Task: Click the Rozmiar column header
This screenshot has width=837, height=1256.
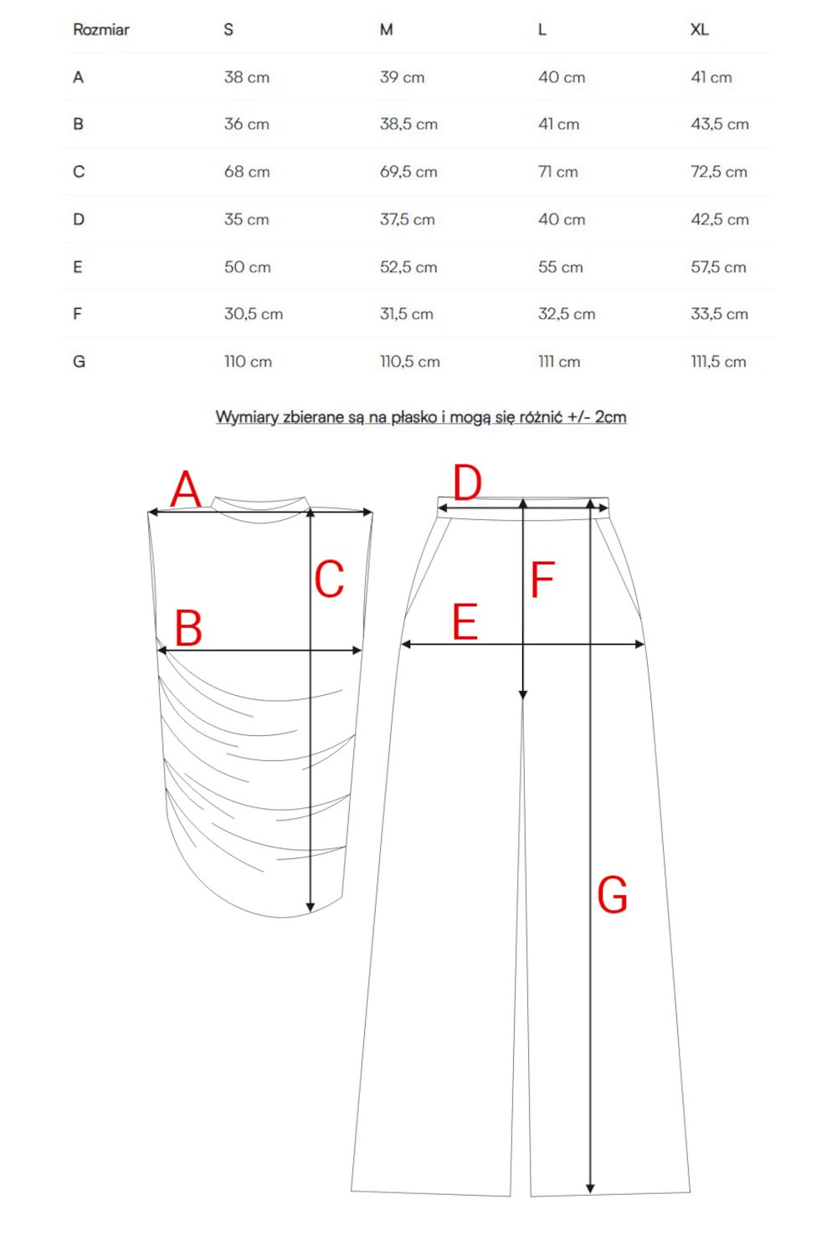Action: [101, 30]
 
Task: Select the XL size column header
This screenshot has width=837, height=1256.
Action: [700, 30]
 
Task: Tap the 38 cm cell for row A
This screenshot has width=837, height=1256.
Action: [247, 77]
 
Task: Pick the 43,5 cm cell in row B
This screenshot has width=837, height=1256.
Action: [720, 124]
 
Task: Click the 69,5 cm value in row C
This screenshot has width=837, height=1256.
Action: [408, 172]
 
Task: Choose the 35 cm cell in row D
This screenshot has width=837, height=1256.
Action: [247, 219]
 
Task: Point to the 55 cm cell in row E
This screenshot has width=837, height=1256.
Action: [561, 267]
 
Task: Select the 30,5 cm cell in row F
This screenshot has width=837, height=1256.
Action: [254, 314]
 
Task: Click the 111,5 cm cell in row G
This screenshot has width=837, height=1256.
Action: [718, 362]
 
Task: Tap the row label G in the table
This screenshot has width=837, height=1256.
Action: [79, 362]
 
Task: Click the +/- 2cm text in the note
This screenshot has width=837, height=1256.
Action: [597, 417]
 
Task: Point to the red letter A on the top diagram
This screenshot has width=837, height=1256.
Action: [186, 489]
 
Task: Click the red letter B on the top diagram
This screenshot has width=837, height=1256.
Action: [188, 628]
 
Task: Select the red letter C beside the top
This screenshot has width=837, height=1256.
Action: [329, 579]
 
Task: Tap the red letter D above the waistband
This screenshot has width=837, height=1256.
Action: [467, 483]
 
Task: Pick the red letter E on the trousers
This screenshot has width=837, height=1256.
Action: [465, 622]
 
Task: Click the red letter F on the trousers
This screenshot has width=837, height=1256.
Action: [542, 579]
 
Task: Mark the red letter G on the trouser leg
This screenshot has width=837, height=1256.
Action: [612, 895]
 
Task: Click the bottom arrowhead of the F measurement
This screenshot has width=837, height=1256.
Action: [523, 694]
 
